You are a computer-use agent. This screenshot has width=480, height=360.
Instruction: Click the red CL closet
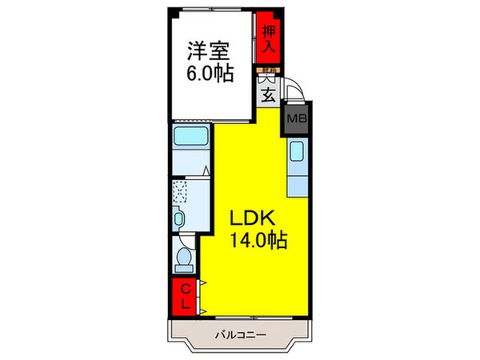[x=185, y=296]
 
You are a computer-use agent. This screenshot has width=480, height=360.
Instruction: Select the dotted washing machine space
[x=182, y=193]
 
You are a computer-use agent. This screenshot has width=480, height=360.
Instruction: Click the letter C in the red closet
[x=185, y=289]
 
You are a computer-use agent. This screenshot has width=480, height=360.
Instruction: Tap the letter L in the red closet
[x=185, y=303]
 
